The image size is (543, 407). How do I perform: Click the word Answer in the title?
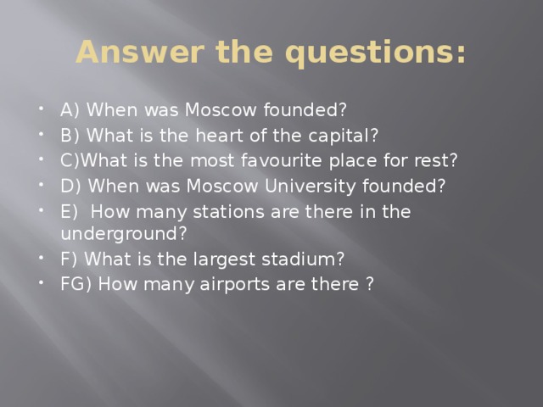pyautogui.click(x=128, y=53)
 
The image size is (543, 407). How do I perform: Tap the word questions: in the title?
pyautogui.click(x=377, y=53)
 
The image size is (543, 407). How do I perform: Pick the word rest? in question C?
pyautogui.click(x=435, y=160)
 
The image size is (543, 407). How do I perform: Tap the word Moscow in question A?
pyautogui.click(x=214, y=109)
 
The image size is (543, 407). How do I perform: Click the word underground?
pyautogui.click(x=124, y=233)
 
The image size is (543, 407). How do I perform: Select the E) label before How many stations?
pyautogui.click(x=69, y=211)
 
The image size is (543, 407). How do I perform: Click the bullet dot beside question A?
pyautogui.click(x=43, y=110)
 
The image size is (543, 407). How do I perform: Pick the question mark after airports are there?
pyautogui.click(x=370, y=284)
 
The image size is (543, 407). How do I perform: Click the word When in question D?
pyautogui.click(x=108, y=186)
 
